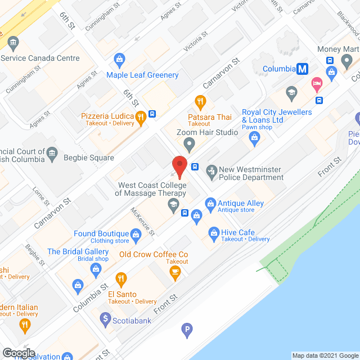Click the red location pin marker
(179, 166)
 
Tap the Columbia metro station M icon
(303, 69)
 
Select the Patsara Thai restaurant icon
(200, 102)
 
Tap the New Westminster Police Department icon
(211, 170)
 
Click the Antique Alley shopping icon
(210, 202)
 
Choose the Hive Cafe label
(240, 232)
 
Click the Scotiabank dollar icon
(105, 318)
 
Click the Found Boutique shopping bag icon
(136, 234)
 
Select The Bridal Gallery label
(78, 251)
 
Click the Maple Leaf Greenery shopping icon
(119, 58)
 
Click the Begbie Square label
(89, 158)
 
